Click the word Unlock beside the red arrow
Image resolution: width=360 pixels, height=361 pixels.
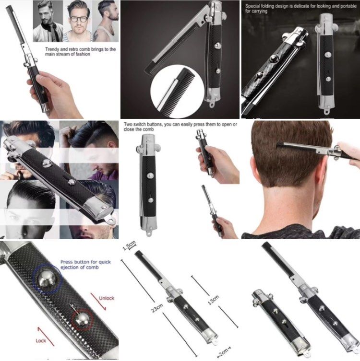coord(107,298)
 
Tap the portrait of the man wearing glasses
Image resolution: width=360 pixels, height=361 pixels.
coord(79,21)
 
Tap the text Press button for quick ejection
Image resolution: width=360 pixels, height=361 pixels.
coord(79,265)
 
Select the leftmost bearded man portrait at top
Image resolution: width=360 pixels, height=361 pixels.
coord(48,21)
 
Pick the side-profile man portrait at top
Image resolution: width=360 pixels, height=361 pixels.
coord(107,21)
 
